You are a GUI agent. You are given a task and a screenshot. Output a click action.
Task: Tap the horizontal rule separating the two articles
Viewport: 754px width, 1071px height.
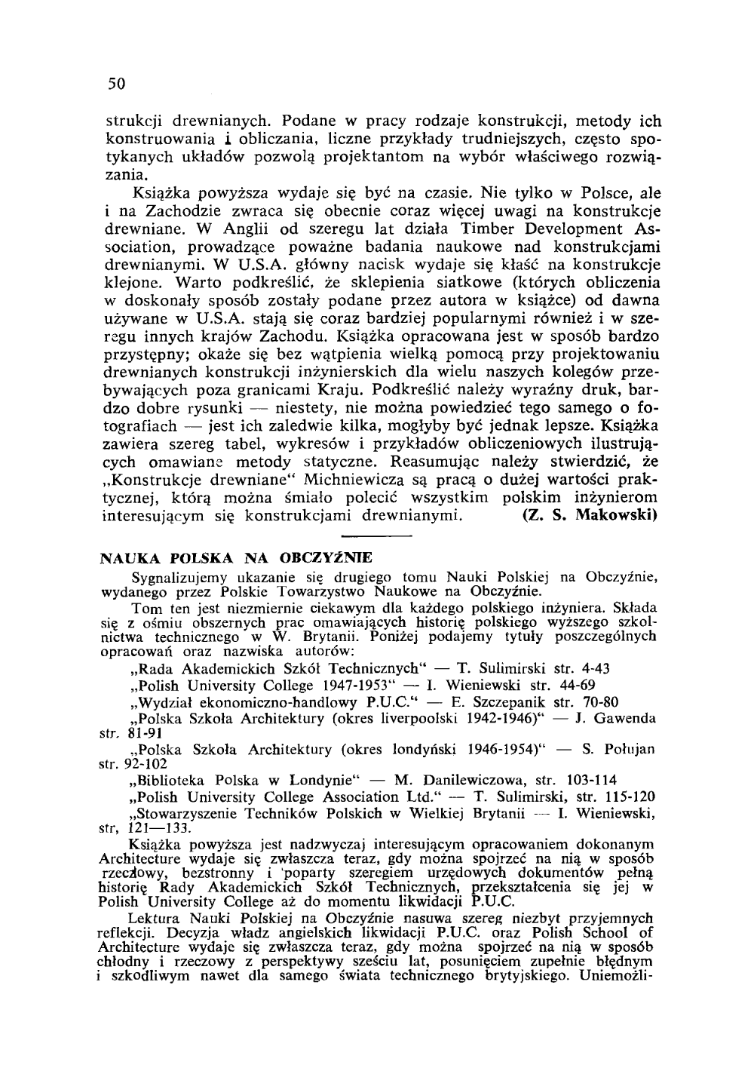click(375, 536)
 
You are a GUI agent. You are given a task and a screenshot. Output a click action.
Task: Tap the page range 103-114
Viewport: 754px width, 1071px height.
click(593, 781)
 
